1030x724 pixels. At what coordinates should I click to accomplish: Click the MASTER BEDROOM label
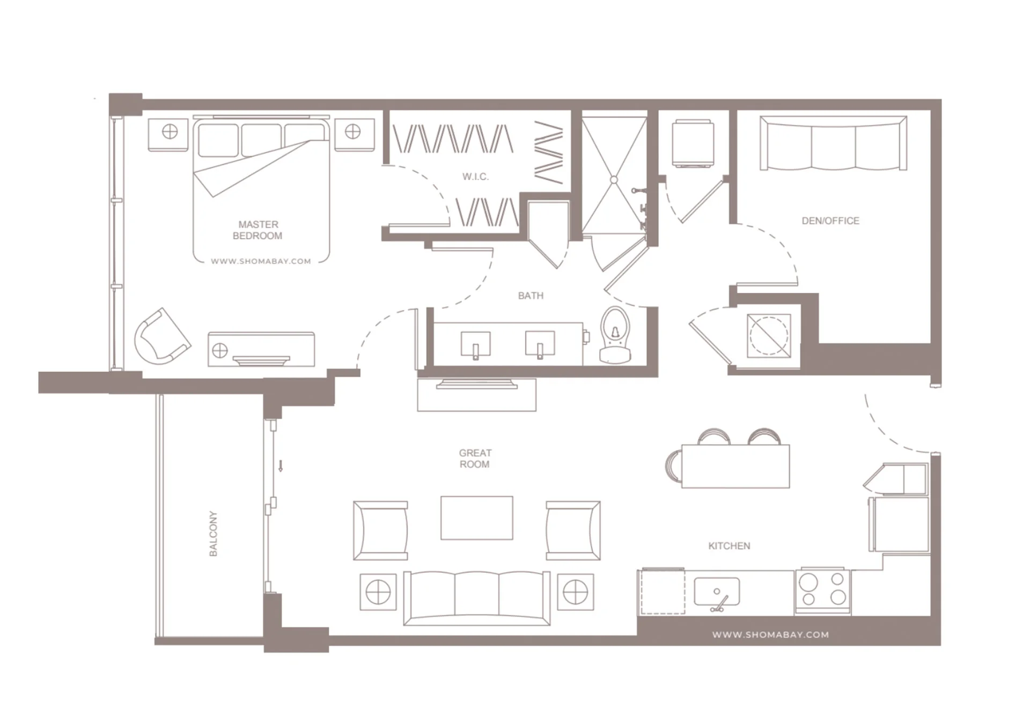click(x=257, y=230)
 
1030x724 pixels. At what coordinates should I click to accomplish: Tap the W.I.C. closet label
click(x=475, y=176)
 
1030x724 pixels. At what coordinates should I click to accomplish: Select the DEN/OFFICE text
click(x=830, y=220)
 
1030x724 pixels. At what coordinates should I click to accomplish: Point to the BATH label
click(x=531, y=295)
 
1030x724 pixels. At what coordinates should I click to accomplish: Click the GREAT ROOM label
click(x=475, y=459)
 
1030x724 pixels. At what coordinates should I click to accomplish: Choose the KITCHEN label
click(x=729, y=546)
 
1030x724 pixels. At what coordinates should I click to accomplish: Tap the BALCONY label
click(x=213, y=534)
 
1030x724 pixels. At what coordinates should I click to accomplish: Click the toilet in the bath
click(x=615, y=335)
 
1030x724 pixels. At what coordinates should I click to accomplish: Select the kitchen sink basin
click(x=717, y=592)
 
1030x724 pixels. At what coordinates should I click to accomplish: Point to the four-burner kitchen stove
click(x=823, y=590)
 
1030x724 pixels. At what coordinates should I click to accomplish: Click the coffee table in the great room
click(x=476, y=518)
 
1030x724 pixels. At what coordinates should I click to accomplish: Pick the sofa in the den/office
click(x=833, y=143)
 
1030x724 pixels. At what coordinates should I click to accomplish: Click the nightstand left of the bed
click(x=168, y=134)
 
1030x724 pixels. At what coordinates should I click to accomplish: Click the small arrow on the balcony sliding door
click(x=280, y=466)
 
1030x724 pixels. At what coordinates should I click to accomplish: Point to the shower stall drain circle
click(x=614, y=180)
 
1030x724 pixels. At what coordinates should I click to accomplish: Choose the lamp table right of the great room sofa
click(x=575, y=592)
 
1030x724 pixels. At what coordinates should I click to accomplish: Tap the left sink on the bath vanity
click(x=475, y=344)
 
